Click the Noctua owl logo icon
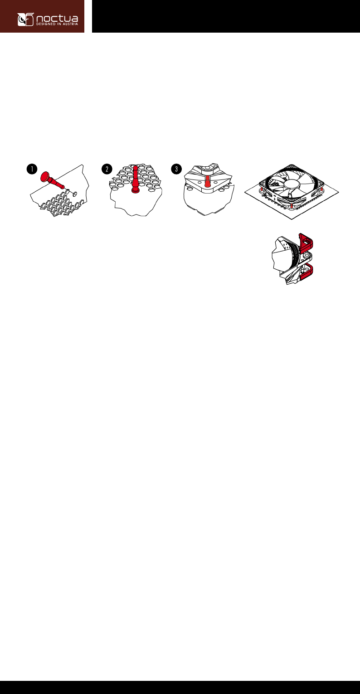tap(25, 19)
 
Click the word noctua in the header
tap(57, 18)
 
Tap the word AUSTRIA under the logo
tap(70, 24)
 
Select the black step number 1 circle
tap(32, 169)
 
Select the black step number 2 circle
tap(107, 169)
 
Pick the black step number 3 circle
tap(176, 169)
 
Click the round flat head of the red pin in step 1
tap(45, 176)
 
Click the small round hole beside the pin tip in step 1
tap(75, 194)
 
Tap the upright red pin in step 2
tap(135, 180)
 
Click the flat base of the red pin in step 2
tap(135, 191)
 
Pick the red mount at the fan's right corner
tap(322, 189)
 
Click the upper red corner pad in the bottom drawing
tap(306, 241)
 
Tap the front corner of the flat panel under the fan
tap(292, 219)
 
